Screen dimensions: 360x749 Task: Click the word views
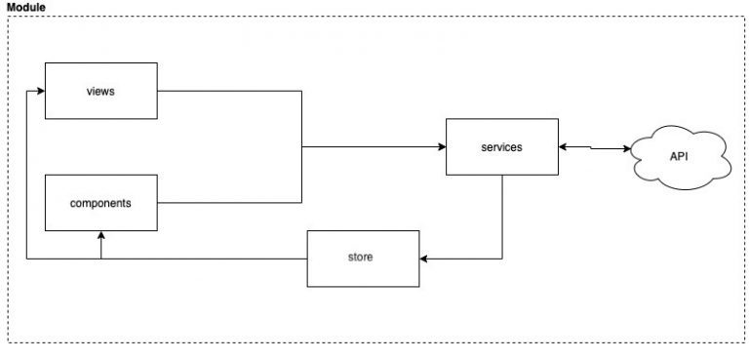(x=101, y=92)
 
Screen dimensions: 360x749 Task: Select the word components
(x=101, y=203)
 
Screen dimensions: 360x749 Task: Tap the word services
(x=501, y=147)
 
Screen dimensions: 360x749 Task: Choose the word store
(x=362, y=258)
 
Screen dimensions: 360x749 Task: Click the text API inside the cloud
(x=680, y=156)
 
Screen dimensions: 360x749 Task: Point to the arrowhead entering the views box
(x=41, y=92)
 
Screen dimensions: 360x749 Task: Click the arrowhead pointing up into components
(x=101, y=235)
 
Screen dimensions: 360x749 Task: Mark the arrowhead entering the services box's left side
(x=441, y=147)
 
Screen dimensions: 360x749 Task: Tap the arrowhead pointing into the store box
(x=424, y=259)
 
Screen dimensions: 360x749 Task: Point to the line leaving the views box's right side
(x=229, y=92)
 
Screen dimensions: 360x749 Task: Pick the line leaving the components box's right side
(x=229, y=203)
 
